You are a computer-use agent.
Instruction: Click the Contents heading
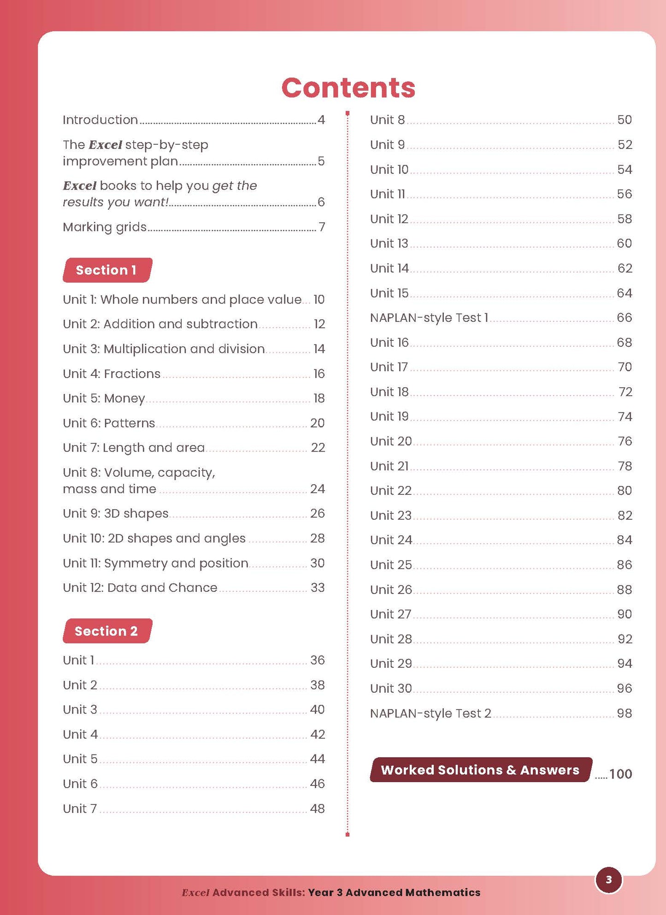(348, 88)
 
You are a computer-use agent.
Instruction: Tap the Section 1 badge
(107, 270)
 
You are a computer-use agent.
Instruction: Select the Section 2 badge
(107, 631)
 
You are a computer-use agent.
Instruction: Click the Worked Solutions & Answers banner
(480, 770)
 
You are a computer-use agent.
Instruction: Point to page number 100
(620, 774)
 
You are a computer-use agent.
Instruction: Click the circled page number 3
(608, 880)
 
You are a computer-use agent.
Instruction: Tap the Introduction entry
(100, 120)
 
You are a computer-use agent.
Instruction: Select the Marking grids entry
(105, 227)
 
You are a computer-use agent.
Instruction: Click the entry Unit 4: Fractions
(112, 374)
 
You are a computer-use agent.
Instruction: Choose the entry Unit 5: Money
(104, 398)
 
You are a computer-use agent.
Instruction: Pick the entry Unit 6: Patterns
(109, 423)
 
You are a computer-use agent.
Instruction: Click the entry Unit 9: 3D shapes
(116, 513)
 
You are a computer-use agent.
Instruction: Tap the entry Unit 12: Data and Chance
(140, 588)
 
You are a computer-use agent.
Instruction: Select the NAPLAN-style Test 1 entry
(429, 318)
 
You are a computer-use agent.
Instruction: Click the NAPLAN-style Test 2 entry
(430, 713)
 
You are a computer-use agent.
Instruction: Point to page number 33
(318, 588)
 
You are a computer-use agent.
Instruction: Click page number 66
(625, 318)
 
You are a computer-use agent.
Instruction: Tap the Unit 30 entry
(391, 689)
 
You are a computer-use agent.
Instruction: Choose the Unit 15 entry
(389, 293)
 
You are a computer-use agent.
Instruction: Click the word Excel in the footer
(196, 892)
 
